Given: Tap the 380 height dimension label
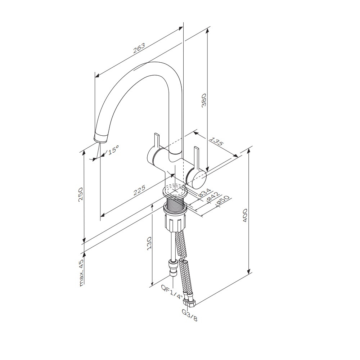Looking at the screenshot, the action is pos(204,100).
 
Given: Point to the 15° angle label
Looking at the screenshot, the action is pos(113,150).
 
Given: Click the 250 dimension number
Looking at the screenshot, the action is pos(81,195).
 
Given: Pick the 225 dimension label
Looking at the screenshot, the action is pos(139,190).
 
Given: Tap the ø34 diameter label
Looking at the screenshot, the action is pos(204,192).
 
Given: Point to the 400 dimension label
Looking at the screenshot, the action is pos(245,215).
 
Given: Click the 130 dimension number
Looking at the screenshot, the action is pos(149,243).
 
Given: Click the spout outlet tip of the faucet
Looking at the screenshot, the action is pos(100,139).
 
